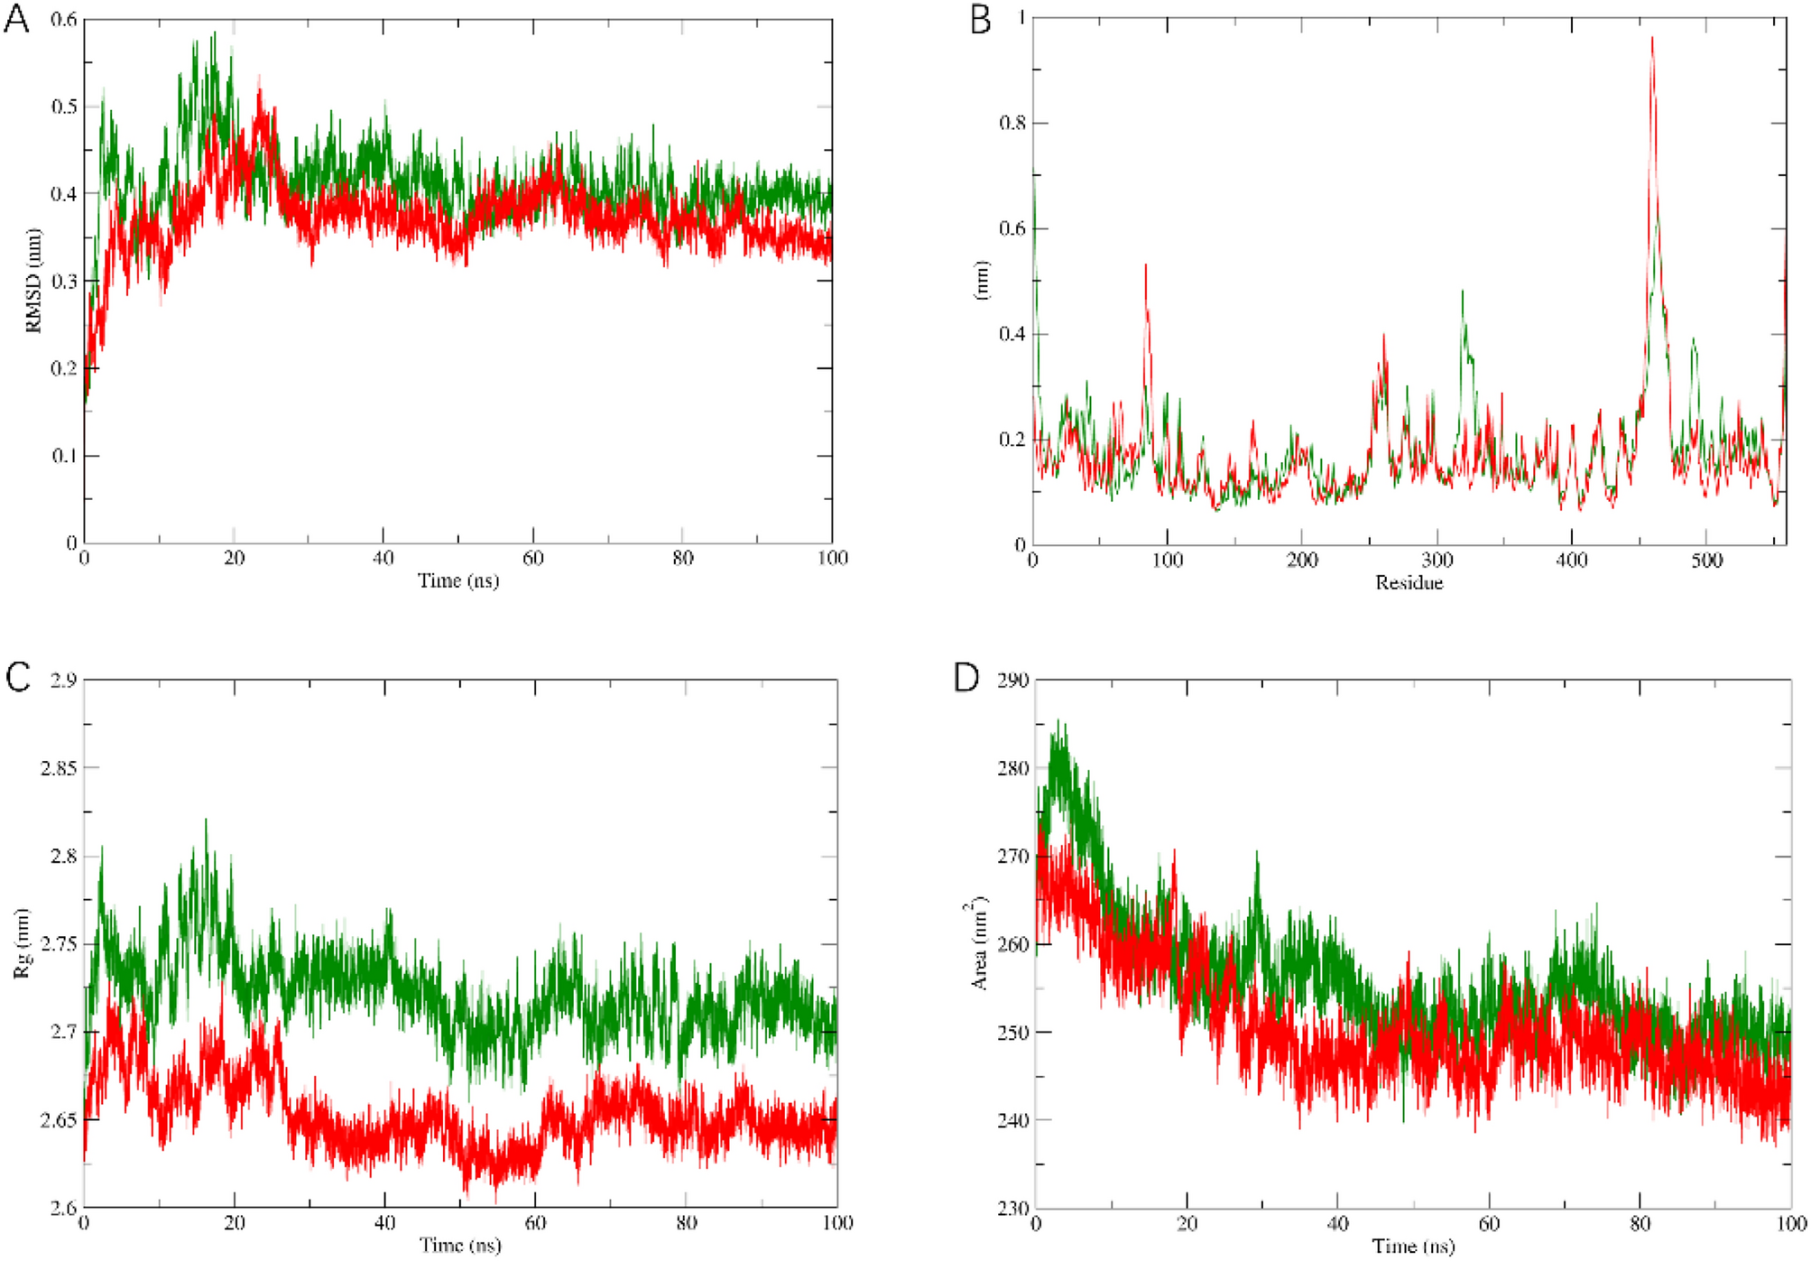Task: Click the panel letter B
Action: (x=980, y=19)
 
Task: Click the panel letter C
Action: (x=18, y=677)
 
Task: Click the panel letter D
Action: (x=966, y=677)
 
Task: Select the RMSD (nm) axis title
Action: (x=34, y=281)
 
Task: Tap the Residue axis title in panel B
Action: (x=1409, y=583)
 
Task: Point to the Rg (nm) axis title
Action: (x=22, y=943)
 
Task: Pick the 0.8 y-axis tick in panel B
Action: (x=1012, y=123)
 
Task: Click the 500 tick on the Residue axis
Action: (x=1706, y=561)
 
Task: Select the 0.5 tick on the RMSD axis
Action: (x=63, y=107)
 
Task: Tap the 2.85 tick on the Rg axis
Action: (x=58, y=768)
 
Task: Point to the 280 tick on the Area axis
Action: (x=1012, y=768)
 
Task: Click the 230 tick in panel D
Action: (x=1012, y=1208)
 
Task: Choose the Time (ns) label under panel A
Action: (x=457, y=580)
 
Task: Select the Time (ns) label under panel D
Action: (x=1413, y=1247)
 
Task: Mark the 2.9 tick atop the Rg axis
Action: (x=63, y=680)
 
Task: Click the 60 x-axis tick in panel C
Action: (x=535, y=1223)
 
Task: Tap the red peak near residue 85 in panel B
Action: (x=1146, y=267)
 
